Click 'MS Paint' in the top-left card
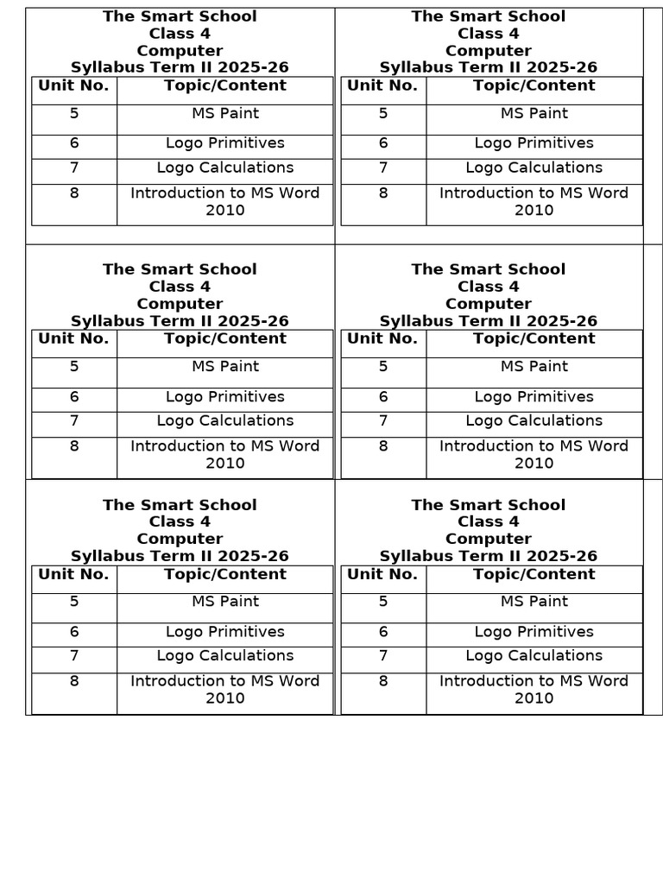click(x=225, y=114)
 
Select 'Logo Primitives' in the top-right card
click(x=534, y=143)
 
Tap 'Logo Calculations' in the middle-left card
click(x=225, y=421)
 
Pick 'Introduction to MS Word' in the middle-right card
click(x=534, y=446)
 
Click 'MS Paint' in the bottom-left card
click(x=225, y=602)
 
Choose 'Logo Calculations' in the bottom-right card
click(x=534, y=656)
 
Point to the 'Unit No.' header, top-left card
click(x=73, y=85)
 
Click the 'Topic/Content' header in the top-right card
click(x=534, y=85)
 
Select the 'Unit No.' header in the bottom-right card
click(x=382, y=575)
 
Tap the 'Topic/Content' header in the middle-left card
click(x=225, y=339)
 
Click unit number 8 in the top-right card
click(x=383, y=193)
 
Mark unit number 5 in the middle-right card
click(x=383, y=367)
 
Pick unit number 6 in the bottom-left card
click(x=74, y=632)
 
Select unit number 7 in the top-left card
click(x=74, y=168)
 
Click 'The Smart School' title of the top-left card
click(x=180, y=16)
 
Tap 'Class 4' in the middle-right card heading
click(x=488, y=287)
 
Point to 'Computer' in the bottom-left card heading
click(x=180, y=539)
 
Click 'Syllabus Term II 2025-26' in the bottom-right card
click(x=488, y=556)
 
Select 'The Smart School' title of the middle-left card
click(x=180, y=269)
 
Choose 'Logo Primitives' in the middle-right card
click(x=534, y=397)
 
